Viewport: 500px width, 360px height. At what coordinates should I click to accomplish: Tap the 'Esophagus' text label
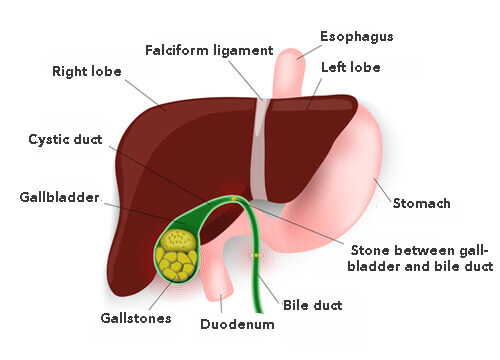(356, 37)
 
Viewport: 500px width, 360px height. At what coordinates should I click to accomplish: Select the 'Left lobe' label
(350, 67)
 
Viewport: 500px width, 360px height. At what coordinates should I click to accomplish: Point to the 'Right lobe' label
(87, 72)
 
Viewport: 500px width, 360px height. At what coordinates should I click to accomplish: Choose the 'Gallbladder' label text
(59, 198)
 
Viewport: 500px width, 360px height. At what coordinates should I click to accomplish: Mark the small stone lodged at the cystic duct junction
(232, 200)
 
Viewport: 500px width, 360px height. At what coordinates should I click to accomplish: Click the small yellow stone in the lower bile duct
(256, 257)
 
